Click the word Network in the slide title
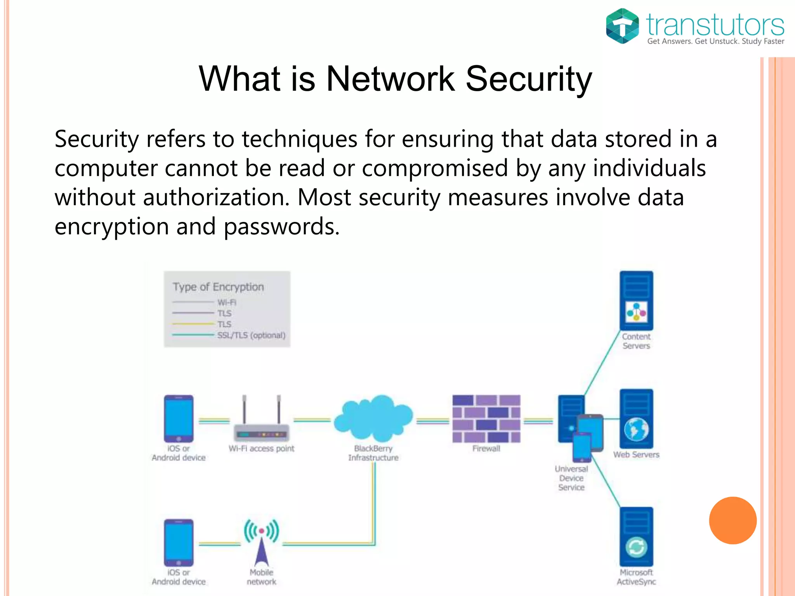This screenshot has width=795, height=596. coord(390,79)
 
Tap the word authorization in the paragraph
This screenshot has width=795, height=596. coord(216,197)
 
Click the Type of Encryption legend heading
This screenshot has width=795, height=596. coord(218,287)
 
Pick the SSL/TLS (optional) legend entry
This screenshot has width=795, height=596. coord(251,335)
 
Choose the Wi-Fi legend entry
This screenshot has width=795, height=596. coord(227,302)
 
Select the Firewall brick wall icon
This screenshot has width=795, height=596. coord(486,419)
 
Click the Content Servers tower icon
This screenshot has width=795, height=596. coord(636,301)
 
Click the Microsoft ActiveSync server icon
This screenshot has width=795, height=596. coord(636,537)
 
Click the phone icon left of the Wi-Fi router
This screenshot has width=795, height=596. coord(179,419)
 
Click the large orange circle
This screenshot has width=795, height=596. coord(733,520)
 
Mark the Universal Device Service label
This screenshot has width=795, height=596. coord(571,478)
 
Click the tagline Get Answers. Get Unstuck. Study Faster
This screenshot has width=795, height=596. coord(715,42)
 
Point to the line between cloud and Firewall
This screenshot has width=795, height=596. coord(432,421)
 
